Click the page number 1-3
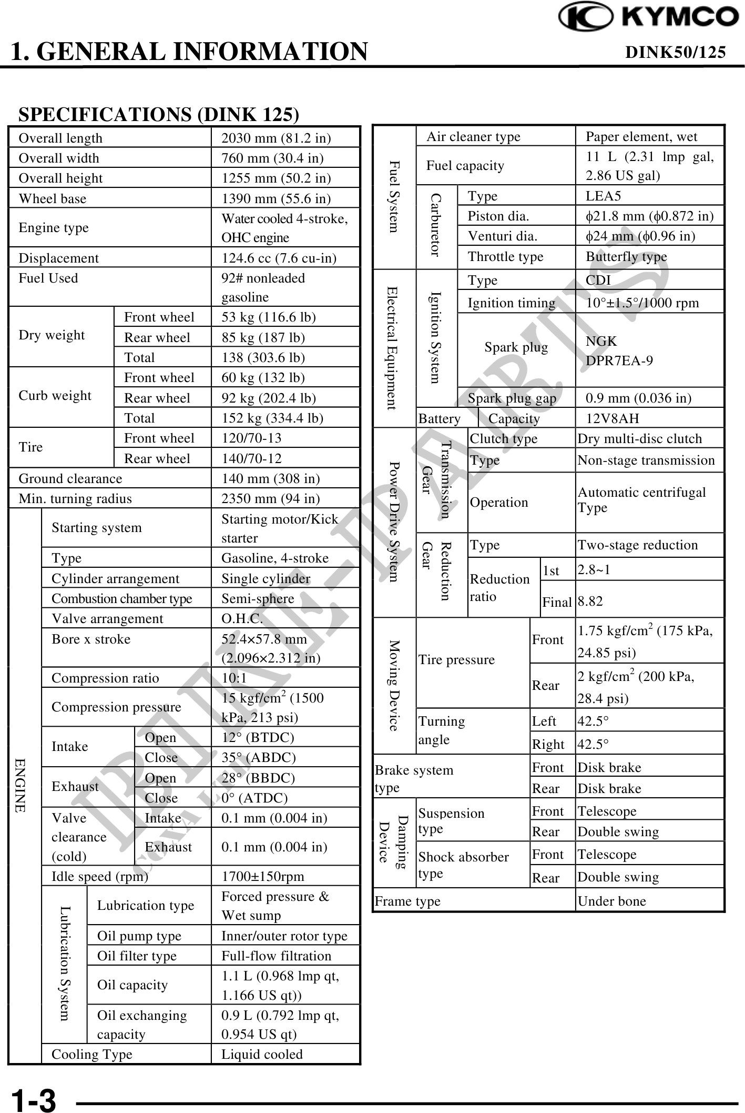tap(34, 1100)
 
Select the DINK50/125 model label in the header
tap(675, 52)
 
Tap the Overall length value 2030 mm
tap(276, 138)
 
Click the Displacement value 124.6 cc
tap(279, 258)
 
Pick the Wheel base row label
tap(53, 198)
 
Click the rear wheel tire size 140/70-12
tap(251, 458)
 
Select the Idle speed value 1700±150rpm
tap(263, 876)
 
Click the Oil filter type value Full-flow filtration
tap(276, 956)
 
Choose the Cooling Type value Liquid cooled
tap(262, 1054)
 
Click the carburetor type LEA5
tap(603, 196)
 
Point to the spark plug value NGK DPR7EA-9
tap(619, 350)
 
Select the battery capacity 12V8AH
tap(613, 418)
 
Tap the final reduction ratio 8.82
tap(590, 601)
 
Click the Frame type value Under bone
tap(611, 901)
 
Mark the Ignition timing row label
tap(511, 303)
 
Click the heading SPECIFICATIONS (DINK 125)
tap(158, 114)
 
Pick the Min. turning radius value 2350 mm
tap(270, 498)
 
